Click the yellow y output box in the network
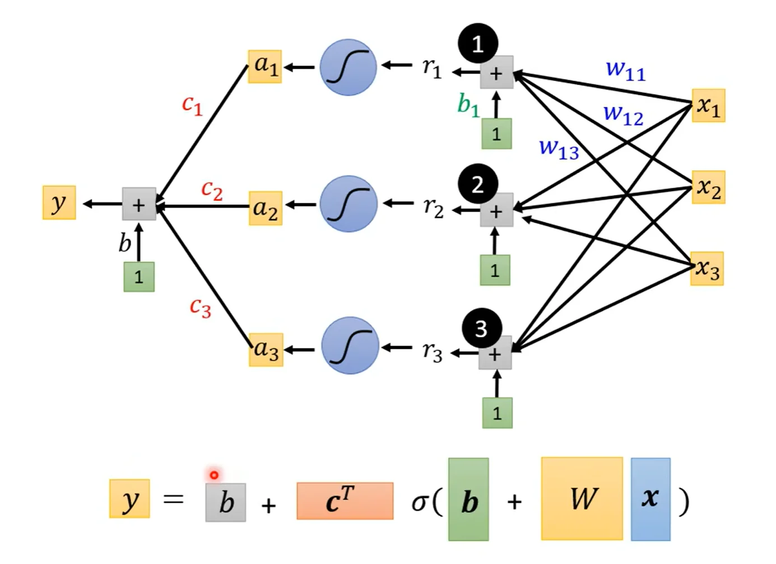point(59,203)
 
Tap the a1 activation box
point(265,67)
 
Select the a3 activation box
point(266,349)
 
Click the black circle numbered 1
point(478,43)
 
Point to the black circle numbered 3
point(482,328)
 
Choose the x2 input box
point(708,187)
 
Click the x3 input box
point(707,269)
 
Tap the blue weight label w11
point(626,71)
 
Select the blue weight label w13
point(559,150)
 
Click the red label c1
point(192,105)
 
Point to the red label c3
point(201,307)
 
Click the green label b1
point(468,106)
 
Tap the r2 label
point(433,209)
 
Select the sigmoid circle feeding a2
point(348,203)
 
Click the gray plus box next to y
point(139,204)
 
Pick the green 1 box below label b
point(139,277)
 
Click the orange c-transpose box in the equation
point(345,501)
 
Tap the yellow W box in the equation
point(582,498)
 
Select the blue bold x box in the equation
point(650,499)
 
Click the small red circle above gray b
point(214,475)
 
